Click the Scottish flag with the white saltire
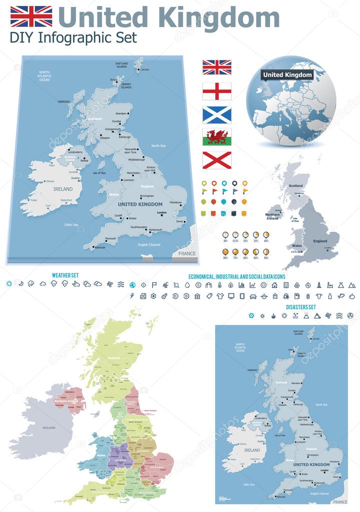(x=216, y=114)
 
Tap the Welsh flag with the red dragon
(x=216, y=137)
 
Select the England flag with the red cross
(x=216, y=91)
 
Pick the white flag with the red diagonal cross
(x=216, y=160)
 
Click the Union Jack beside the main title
(x=31, y=16)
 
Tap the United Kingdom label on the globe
(x=287, y=75)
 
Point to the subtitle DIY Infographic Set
(x=73, y=37)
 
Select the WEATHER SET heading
(x=65, y=275)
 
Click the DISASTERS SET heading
(x=301, y=306)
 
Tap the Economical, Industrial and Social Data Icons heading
(x=237, y=276)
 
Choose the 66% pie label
(x=245, y=257)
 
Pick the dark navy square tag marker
(x=234, y=213)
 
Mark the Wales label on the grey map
(x=297, y=245)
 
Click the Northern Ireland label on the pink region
(x=67, y=401)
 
